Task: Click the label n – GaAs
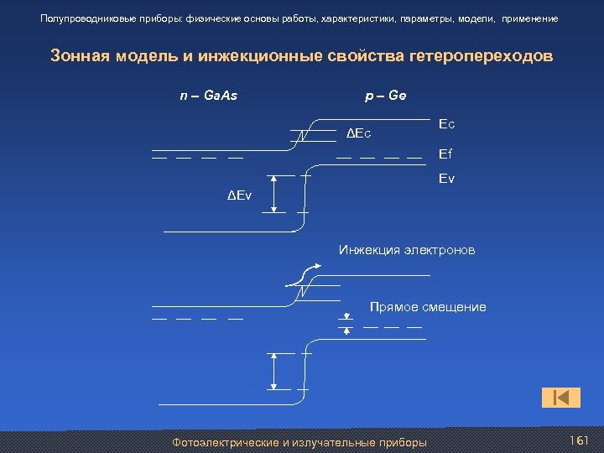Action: (209, 96)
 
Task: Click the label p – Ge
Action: (386, 96)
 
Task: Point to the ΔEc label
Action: (359, 133)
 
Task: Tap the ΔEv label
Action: (239, 195)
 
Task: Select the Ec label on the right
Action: (446, 124)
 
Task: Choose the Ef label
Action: (445, 154)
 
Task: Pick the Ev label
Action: (446, 179)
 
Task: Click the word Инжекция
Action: (370, 250)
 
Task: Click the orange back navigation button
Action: (562, 397)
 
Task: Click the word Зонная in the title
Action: (78, 56)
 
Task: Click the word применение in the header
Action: (529, 18)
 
